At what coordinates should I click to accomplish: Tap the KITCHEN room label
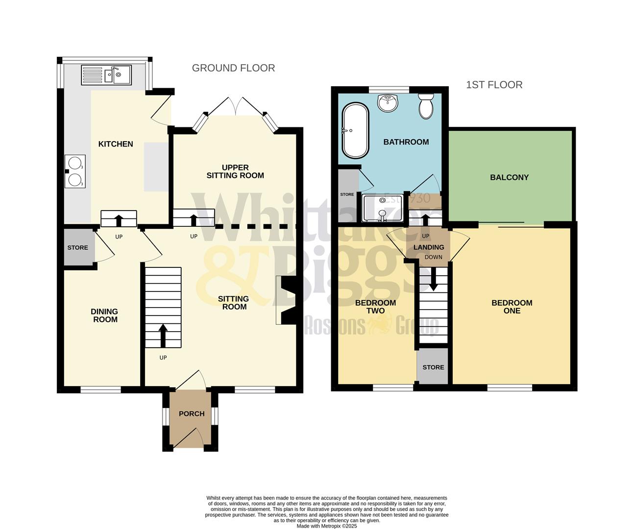tap(116, 144)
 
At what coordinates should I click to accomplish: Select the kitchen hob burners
tap(75, 171)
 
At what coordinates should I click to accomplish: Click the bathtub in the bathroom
tap(355, 130)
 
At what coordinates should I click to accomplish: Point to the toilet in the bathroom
tap(425, 106)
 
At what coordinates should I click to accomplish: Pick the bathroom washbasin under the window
tap(387, 103)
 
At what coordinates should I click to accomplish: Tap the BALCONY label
tap(509, 177)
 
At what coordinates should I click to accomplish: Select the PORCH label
tap(192, 414)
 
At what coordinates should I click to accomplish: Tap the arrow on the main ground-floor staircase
tap(163, 335)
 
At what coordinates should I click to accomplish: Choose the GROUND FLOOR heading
tap(233, 68)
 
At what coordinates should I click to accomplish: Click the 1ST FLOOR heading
tap(494, 85)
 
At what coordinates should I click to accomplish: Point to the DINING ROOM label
tap(104, 315)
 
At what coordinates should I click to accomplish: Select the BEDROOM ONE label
tap(512, 307)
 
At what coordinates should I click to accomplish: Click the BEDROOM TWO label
tap(375, 307)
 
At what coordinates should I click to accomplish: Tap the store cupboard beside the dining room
tap(78, 247)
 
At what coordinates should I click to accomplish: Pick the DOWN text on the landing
tap(433, 257)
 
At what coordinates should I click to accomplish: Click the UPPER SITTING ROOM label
tap(235, 171)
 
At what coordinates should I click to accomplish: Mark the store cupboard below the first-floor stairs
tap(433, 367)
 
